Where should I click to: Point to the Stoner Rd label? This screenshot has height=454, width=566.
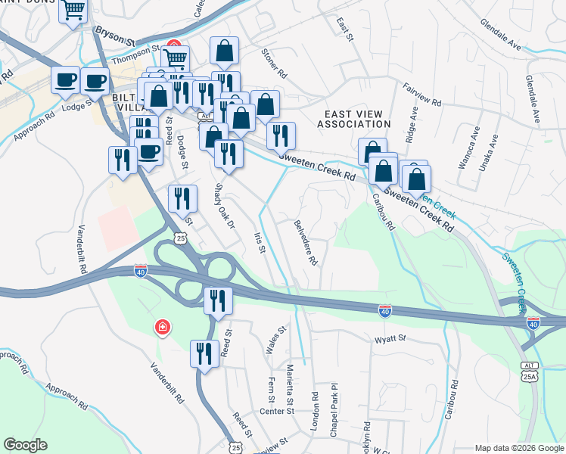[274, 64]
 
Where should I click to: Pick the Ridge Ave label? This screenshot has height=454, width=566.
[412, 124]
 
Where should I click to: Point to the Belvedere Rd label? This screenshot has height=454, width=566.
[306, 243]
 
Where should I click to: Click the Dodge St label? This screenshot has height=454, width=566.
[182, 148]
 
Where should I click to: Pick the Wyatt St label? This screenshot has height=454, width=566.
[390, 338]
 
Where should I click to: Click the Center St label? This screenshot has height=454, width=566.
[276, 412]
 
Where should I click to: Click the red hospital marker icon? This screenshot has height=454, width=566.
[162, 328]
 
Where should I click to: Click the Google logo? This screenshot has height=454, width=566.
[25, 445]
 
